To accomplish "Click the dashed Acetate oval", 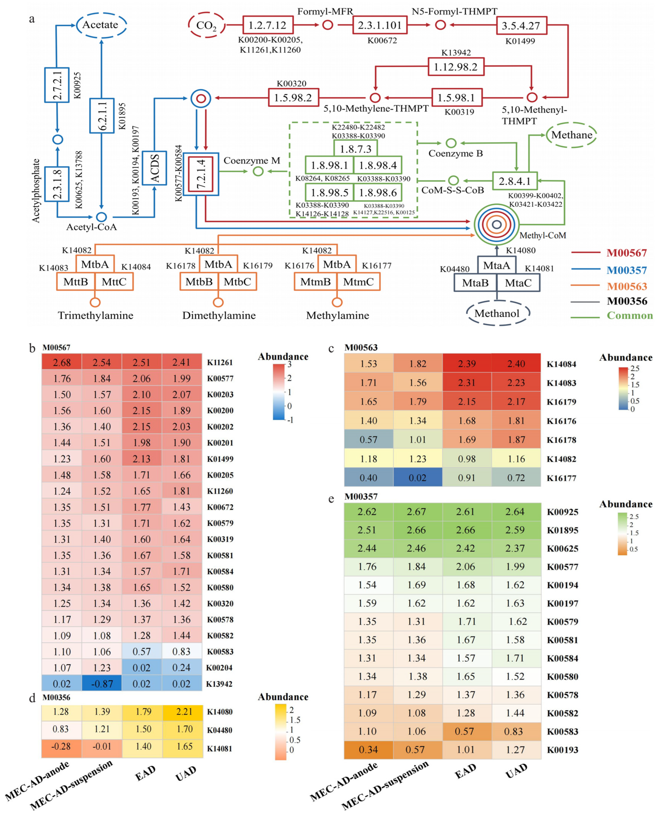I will click(x=101, y=25).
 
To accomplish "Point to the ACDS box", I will click(x=154, y=168).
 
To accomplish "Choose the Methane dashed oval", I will click(x=571, y=135).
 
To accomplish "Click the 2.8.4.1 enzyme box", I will click(x=515, y=181).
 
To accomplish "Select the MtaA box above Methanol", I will click(x=496, y=265).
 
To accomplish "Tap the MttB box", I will click(x=76, y=282).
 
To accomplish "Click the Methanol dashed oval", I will click(x=497, y=313).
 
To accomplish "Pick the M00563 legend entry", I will click(x=627, y=286).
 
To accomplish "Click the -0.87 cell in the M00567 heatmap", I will click(x=102, y=684).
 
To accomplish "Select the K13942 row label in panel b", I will click(x=219, y=684).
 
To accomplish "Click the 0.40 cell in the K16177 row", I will click(x=368, y=478).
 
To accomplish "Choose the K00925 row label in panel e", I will click(x=562, y=512).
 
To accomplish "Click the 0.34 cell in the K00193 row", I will click(x=368, y=750).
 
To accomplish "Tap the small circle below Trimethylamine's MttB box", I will click(x=95, y=302).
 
